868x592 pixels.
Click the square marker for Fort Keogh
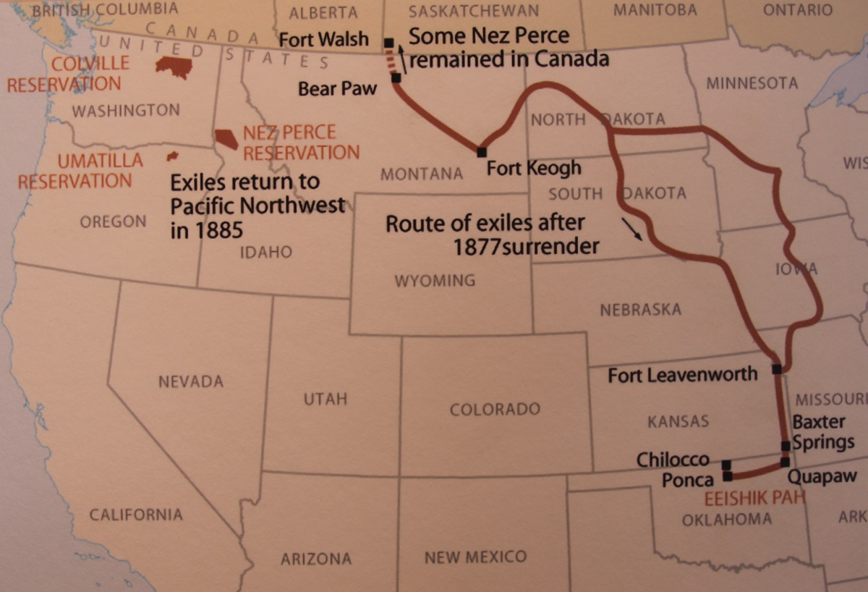tap(481, 152)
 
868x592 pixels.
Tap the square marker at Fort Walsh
tap(389, 43)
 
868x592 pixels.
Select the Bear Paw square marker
tap(396, 77)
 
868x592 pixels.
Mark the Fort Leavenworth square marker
tap(776, 369)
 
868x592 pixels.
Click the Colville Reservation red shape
tap(174, 67)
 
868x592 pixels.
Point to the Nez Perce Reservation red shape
tap(226, 138)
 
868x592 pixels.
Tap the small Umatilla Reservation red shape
tap(172, 156)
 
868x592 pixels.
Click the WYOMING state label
tap(435, 280)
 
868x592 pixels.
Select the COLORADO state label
tap(495, 410)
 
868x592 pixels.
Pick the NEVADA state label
tap(191, 381)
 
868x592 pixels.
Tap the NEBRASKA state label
tap(640, 310)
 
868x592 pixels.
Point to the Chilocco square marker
tap(726, 465)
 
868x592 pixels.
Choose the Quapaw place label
tap(822, 476)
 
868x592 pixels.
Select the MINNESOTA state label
tap(752, 83)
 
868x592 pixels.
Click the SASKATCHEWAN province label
tap(473, 11)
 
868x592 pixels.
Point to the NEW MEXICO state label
tap(475, 557)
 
